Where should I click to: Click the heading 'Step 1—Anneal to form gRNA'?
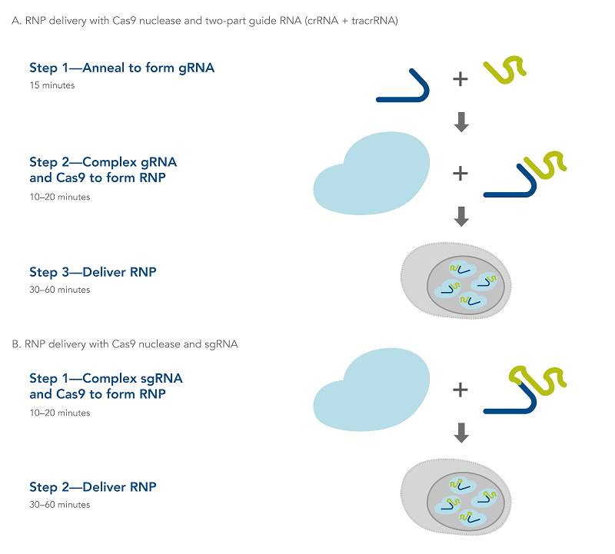[121, 68]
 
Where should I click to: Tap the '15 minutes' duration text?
[52, 85]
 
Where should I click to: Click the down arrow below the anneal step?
[461, 122]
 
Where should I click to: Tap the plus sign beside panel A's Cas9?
[460, 174]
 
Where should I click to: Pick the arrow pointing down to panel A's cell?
[461, 217]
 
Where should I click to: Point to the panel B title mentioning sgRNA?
[125, 344]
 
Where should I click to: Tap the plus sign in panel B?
[460, 390]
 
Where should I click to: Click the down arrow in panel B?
[461, 433]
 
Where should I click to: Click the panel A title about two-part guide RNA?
[204, 21]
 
